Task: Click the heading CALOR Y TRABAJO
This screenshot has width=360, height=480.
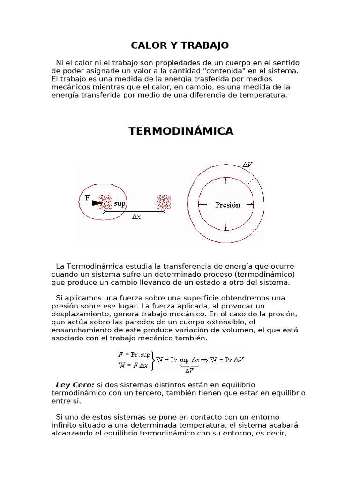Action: point(180,45)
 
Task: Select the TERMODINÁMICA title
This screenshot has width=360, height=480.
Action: point(180,131)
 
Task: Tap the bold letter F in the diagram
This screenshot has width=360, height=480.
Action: point(87,198)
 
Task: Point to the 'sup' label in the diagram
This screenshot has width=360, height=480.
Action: point(120,204)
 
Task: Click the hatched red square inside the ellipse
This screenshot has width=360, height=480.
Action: point(105,202)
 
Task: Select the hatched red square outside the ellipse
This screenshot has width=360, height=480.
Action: point(164,202)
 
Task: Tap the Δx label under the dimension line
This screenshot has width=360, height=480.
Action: point(136,217)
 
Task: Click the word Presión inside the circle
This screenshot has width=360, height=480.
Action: point(228,205)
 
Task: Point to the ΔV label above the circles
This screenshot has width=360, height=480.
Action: point(247,164)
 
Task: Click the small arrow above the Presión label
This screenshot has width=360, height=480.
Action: point(226,181)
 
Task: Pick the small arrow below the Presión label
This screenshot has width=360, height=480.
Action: point(226,226)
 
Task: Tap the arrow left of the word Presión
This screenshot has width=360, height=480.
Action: point(203,204)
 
